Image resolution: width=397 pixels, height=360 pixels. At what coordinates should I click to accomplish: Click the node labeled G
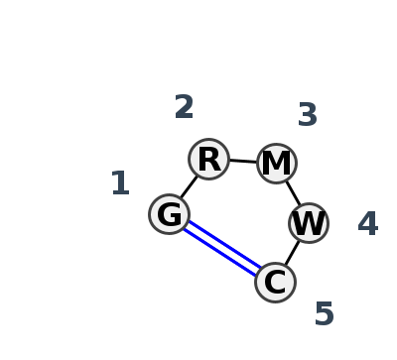(x=170, y=214)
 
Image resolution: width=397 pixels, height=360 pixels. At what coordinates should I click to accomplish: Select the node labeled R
(x=208, y=159)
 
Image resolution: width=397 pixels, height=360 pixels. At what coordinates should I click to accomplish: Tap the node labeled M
(x=277, y=164)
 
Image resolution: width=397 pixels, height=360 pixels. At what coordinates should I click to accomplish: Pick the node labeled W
(x=309, y=223)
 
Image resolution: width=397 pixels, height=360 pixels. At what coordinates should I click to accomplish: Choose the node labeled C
(x=275, y=283)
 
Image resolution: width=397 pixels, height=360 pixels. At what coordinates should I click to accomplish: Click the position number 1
(x=120, y=184)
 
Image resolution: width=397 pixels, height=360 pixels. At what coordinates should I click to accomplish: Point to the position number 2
(x=184, y=108)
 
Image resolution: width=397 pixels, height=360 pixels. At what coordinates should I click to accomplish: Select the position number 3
(x=308, y=116)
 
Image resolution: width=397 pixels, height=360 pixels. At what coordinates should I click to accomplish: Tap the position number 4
(x=368, y=225)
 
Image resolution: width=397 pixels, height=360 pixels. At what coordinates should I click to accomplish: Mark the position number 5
(x=325, y=315)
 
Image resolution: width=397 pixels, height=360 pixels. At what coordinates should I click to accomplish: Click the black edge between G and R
(x=189, y=186)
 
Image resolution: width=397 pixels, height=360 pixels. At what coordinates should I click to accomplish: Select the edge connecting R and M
(x=243, y=161)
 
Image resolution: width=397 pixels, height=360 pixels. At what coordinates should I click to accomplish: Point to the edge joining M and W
(x=293, y=193)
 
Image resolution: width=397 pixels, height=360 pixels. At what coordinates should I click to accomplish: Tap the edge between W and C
(x=292, y=253)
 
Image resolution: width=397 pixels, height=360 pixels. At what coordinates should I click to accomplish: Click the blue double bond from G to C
(x=222, y=248)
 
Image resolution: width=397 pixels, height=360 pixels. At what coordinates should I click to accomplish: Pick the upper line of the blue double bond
(x=224, y=244)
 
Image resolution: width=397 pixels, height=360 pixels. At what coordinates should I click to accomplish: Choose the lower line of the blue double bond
(x=220, y=253)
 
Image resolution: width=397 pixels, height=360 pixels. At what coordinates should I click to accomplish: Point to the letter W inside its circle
(x=309, y=224)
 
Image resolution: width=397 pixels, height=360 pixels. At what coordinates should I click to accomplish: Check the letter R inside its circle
(x=208, y=160)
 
